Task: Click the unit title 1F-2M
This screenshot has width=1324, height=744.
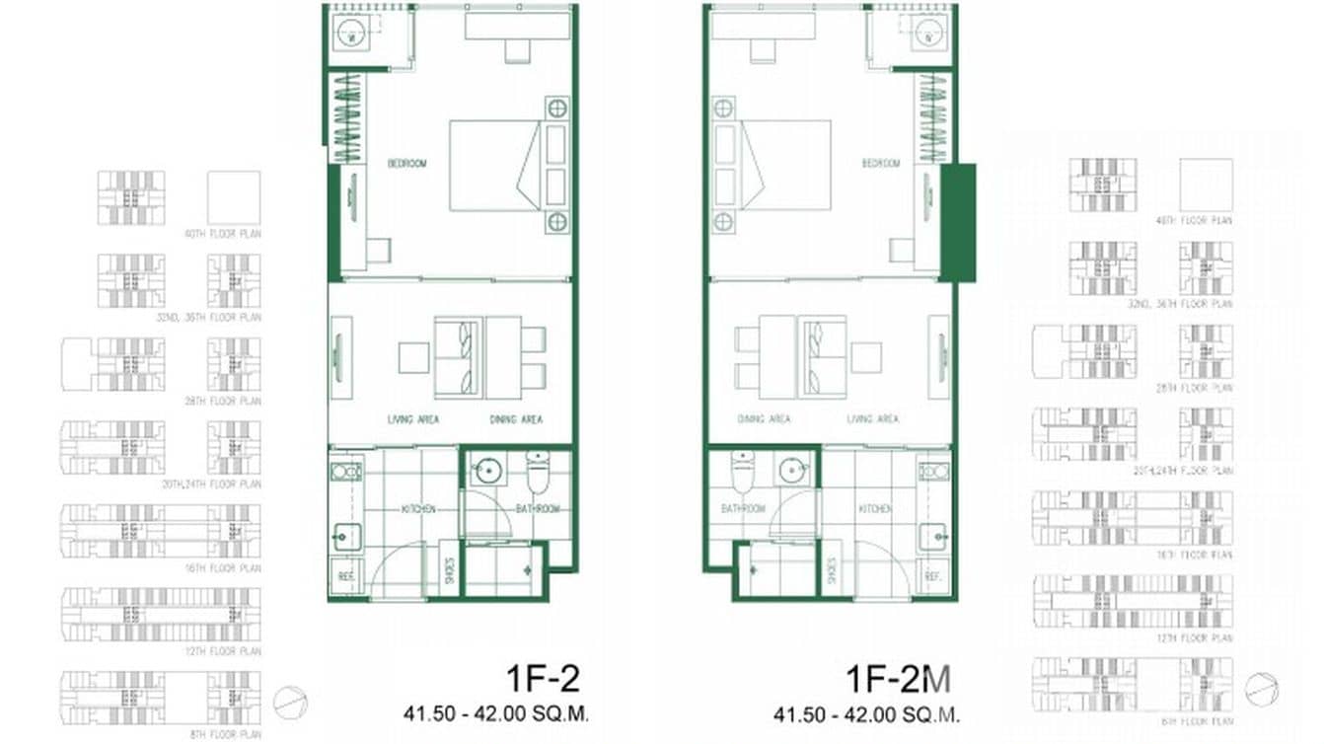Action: click(x=898, y=680)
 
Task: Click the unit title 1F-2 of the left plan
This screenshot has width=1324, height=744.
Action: click(x=542, y=680)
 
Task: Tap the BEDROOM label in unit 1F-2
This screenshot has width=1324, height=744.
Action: click(x=406, y=164)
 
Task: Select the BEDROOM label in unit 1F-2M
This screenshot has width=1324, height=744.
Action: click(x=880, y=164)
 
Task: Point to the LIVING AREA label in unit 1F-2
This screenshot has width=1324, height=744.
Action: click(x=413, y=419)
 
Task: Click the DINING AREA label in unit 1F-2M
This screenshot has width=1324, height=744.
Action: click(x=764, y=419)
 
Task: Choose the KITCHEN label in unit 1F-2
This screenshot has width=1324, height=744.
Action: click(x=418, y=509)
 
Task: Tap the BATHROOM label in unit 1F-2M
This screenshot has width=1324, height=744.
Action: click(x=743, y=509)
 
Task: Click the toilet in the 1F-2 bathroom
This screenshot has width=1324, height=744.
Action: click(x=538, y=473)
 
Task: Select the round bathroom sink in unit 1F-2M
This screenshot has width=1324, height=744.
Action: click(x=793, y=471)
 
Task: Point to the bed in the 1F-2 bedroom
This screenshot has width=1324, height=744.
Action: click(x=494, y=165)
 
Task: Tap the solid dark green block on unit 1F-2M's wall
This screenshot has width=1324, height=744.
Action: click(x=957, y=222)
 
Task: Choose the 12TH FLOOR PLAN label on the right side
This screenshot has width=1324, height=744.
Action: click(x=1205, y=638)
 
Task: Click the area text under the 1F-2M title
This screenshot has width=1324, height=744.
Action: click(x=866, y=712)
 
